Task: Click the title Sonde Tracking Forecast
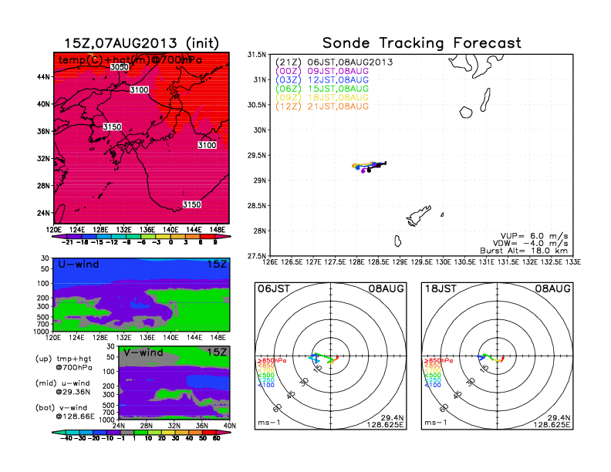421,43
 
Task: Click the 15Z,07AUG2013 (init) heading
140,43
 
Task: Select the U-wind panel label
77,265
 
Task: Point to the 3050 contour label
119,68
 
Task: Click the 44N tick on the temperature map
43,76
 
